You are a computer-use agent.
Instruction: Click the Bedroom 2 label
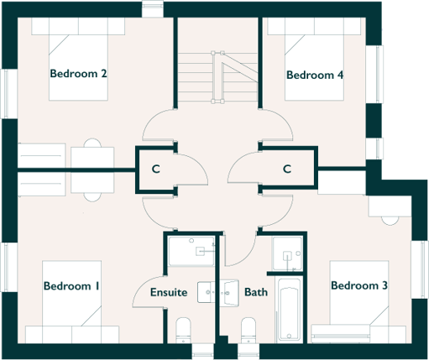[x=78, y=74]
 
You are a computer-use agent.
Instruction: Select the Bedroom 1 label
[x=71, y=286]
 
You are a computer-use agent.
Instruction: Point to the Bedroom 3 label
[x=358, y=286]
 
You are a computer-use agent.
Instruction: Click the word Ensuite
[x=169, y=293]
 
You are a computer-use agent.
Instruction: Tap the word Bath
[x=256, y=293]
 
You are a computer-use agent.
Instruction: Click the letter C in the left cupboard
[x=155, y=170]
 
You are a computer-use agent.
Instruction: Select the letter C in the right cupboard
[x=286, y=170]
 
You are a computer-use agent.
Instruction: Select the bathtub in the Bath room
[x=287, y=310]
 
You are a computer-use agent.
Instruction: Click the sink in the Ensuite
[x=208, y=292]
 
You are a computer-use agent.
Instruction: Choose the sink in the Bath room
[x=228, y=292]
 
